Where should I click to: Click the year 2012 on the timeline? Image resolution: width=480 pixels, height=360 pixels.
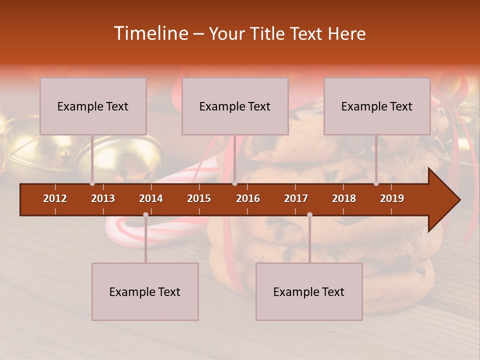(55, 198)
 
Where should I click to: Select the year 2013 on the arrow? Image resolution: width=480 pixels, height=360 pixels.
(103, 198)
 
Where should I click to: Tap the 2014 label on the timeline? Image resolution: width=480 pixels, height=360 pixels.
(151, 198)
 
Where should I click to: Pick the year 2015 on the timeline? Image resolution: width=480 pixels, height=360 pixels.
(199, 198)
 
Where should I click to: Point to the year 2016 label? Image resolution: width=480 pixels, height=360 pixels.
(248, 198)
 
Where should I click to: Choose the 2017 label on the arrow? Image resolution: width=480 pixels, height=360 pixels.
(296, 198)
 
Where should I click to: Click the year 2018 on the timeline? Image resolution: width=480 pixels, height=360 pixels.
(344, 198)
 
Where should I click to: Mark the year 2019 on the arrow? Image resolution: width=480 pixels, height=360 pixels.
(392, 198)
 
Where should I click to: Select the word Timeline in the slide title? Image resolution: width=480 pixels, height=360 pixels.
(150, 33)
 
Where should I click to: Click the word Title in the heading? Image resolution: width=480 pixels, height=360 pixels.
(268, 34)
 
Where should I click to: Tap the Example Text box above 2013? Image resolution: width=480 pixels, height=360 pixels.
(93, 106)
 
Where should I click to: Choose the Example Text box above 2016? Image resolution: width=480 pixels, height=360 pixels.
(235, 106)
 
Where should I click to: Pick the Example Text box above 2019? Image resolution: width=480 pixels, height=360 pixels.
(377, 106)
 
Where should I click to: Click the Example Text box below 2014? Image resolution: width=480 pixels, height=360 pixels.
(145, 291)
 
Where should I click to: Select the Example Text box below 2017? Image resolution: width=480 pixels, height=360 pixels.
(309, 291)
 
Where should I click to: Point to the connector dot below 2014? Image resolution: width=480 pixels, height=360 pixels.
(145, 214)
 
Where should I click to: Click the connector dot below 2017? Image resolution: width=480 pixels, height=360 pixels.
(309, 214)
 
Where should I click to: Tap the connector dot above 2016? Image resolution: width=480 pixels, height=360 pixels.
(234, 183)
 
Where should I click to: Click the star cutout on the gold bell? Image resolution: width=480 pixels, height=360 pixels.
(65, 158)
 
